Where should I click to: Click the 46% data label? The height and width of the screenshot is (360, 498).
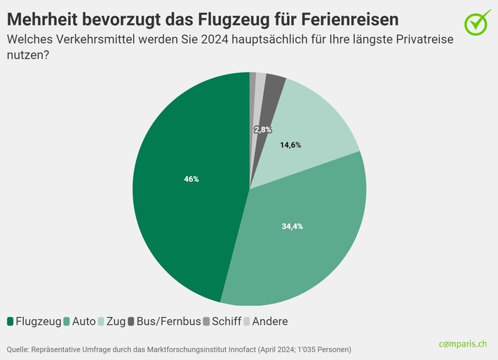pos(191,179)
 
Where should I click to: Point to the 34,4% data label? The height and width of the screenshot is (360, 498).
pos(292,226)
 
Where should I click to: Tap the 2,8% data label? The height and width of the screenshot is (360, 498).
pos(262,130)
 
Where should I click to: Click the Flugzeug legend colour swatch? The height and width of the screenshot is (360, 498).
pos(11,321)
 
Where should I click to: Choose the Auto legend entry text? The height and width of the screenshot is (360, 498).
pos(84,321)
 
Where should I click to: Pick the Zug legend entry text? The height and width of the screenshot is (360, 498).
pos(116,321)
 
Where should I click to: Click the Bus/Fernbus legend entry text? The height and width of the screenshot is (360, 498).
pos(167,321)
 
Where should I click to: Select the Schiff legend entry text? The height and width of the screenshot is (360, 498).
pos(227,321)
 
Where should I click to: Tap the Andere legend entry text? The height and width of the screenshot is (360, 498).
pos(269,321)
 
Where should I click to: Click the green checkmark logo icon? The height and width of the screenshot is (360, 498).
pos(478,22)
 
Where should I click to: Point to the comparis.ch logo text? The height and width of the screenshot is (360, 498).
pos(462,344)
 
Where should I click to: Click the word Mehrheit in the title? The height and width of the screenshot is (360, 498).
pos(46,17)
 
